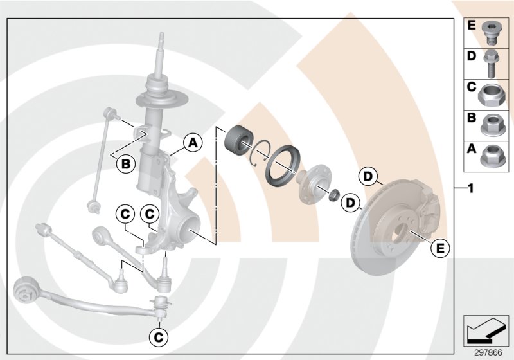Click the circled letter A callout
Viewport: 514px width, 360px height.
[x=192, y=143]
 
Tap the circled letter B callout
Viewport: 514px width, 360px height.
[x=127, y=165]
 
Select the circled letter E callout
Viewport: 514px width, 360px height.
[x=440, y=247]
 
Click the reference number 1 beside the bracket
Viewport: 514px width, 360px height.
[x=471, y=188]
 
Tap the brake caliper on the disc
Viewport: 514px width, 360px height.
[x=422, y=203]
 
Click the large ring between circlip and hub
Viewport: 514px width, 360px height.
[x=283, y=165]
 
